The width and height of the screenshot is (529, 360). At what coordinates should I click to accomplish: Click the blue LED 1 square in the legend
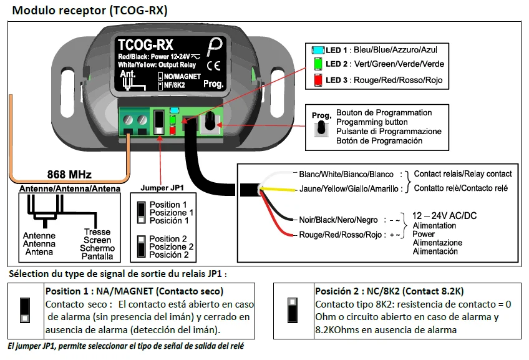[x=318, y=49]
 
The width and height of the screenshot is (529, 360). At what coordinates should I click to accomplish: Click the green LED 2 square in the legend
[x=318, y=64]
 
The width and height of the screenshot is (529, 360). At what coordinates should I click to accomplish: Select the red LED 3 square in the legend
[x=318, y=80]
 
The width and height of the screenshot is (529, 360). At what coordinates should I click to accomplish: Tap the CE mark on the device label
[x=212, y=65]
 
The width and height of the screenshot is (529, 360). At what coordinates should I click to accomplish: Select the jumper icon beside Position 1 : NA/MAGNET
[x=26, y=309]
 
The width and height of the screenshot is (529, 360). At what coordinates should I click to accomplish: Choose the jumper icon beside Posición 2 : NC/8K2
[x=292, y=308]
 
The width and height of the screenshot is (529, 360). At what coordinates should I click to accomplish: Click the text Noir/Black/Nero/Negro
[x=339, y=220]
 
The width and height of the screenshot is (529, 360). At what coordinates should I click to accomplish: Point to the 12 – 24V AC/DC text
[x=445, y=215]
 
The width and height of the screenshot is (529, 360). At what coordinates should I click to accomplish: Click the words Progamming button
[x=372, y=122]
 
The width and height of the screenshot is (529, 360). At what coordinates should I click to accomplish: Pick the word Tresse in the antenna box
[x=97, y=232]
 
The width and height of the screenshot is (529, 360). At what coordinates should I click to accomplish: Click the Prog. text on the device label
[x=213, y=82]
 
